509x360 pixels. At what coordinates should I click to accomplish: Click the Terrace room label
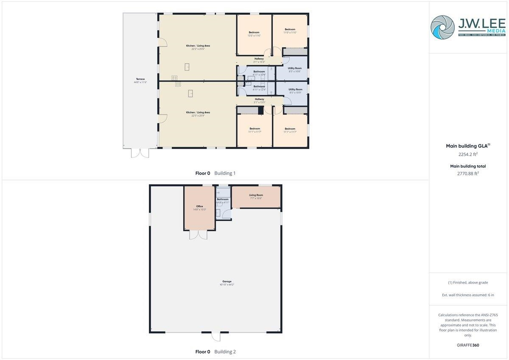click(140, 79)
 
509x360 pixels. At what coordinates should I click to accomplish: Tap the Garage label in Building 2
click(227, 281)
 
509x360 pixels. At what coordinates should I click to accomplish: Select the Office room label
click(199, 206)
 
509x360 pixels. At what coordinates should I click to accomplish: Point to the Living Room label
click(256, 195)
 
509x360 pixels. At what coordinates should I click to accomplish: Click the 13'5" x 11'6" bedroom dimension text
click(254, 36)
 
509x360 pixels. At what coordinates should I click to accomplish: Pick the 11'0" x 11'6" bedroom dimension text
click(290, 33)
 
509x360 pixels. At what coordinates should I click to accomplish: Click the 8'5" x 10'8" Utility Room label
click(294, 68)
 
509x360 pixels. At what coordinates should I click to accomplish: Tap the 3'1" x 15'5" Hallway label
click(259, 99)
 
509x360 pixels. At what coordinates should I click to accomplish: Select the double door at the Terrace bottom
click(140, 153)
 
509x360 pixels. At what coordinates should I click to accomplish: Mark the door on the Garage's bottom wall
click(216, 337)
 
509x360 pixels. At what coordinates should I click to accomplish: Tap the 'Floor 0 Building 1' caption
click(215, 173)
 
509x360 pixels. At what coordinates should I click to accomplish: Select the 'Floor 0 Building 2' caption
click(215, 352)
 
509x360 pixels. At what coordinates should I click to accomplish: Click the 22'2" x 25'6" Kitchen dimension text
click(198, 49)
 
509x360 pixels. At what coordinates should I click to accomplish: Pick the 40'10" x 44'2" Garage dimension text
click(227, 285)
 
